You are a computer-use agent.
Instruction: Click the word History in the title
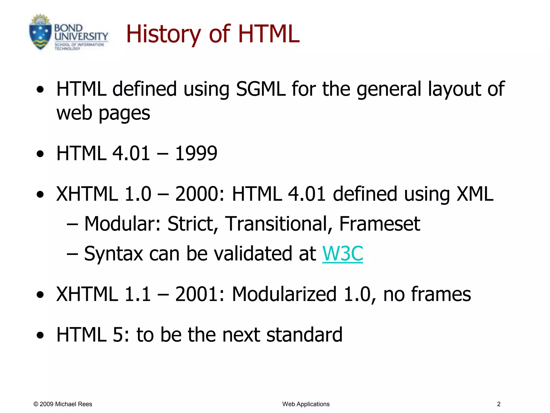(x=163, y=34)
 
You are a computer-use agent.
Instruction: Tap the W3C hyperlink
(x=342, y=254)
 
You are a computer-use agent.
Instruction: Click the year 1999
(x=196, y=154)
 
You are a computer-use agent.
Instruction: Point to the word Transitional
(x=278, y=224)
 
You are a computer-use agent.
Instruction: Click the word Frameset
(x=379, y=224)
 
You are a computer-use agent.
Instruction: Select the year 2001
(x=200, y=294)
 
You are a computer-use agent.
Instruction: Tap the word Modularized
(x=284, y=294)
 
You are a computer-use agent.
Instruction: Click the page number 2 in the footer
(x=499, y=404)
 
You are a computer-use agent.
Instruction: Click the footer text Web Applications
(x=306, y=404)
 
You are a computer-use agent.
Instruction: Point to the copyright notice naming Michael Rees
(x=63, y=404)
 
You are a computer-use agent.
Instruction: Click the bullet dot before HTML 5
(x=40, y=336)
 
